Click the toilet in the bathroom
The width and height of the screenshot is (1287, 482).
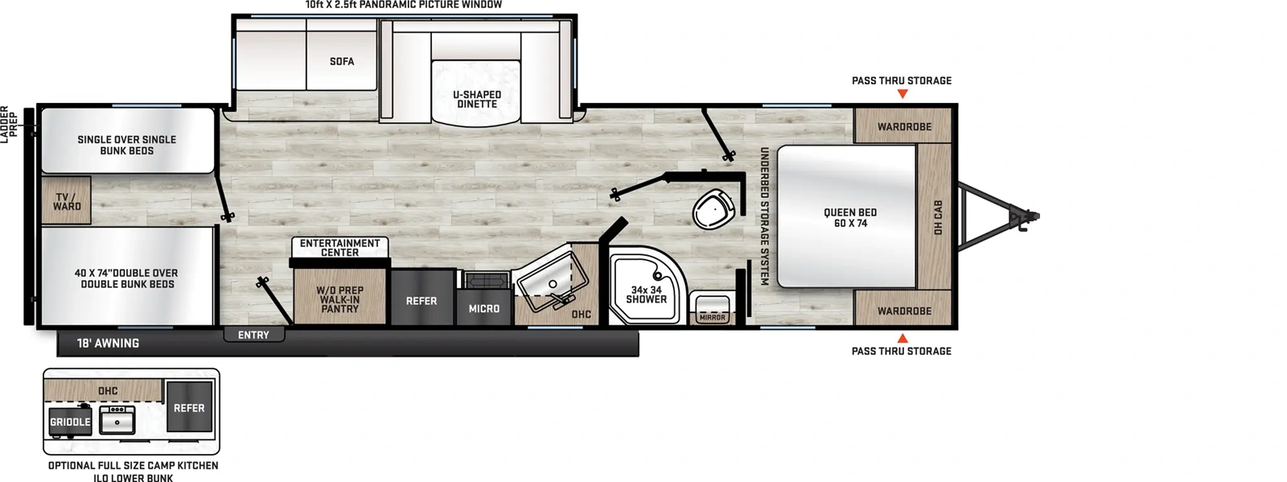pyautogui.click(x=712, y=209)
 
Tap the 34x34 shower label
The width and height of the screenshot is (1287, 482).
pyautogui.click(x=646, y=295)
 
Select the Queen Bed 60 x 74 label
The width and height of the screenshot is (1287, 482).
pyautogui.click(x=849, y=218)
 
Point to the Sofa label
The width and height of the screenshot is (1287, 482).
pyautogui.click(x=342, y=61)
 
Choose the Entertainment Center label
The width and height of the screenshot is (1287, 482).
pyautogui.click(x=339, y=248)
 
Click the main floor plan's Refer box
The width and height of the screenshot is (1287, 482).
pyautogui.click(x=421, y=301)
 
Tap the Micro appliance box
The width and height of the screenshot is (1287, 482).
pyautogui.click(x=483, y=308)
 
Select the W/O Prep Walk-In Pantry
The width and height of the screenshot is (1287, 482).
pyautogui.click(x=339, y=299)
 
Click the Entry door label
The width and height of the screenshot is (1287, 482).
pyautogui.click(x=253, y=335)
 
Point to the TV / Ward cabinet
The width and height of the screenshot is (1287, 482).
pyautogui.click(x=67, y=201)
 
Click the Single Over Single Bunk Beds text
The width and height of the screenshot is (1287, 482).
pyautogui.click(x=126, y=145)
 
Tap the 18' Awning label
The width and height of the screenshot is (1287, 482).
pyautogui.click(x=108, y=344)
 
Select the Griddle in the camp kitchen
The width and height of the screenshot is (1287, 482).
pyautogui.click(x=70, y=422)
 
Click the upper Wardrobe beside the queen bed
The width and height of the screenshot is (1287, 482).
pyautogui.click(x=904, y=126)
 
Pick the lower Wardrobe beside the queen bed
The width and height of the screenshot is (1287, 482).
pyautogui.click(x=904, y=311)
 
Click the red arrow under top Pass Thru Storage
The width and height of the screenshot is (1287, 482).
pyautogui.click(x=903, y=94)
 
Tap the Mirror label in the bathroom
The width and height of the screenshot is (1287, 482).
pyautogui.click(x=712, y=318)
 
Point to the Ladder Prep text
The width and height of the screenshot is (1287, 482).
pyautogui.click(x=9, y=125)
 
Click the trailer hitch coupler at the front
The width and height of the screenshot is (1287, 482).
pyautogui.click(x=1030, y=216)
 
